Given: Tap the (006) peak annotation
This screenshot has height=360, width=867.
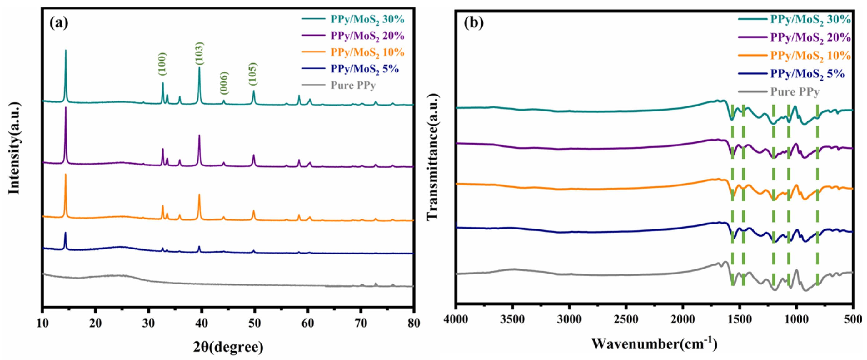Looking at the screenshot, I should (224, 84).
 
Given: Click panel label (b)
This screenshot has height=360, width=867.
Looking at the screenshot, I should (474, 23).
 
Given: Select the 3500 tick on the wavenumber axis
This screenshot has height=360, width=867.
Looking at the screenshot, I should (512, 319).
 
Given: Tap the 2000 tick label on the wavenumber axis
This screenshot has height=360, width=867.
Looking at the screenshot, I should (683, 319).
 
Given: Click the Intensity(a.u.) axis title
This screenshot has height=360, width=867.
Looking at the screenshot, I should (14, 148).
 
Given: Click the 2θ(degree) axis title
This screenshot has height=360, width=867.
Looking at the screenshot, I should (228, 347).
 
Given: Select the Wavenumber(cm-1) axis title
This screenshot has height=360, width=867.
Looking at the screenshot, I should (654, 343).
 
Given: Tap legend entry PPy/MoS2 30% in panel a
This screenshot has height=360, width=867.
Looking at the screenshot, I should (367, 19).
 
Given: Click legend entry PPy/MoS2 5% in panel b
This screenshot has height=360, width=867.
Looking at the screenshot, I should (807, 74).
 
